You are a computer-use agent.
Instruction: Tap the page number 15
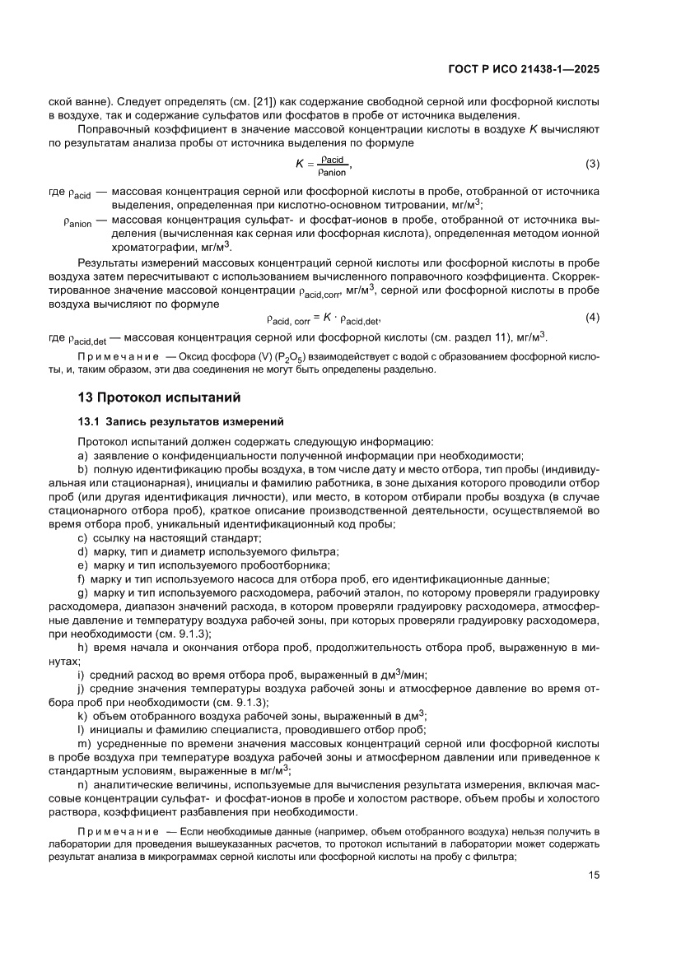594,898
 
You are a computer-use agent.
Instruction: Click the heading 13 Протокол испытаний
158,398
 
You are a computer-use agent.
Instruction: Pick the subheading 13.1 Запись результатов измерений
180,422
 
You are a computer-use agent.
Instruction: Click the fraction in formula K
333,165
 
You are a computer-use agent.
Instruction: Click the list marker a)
82,455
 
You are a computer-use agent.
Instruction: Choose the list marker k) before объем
82,715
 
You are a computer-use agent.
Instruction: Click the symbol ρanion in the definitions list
78,222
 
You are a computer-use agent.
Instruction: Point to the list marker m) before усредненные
83,743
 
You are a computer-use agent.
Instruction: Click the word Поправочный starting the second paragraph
112,129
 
